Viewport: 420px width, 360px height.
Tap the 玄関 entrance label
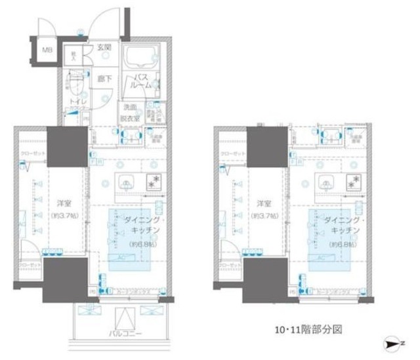[104, 47]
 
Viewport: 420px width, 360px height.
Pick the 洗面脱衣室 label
[129, 111]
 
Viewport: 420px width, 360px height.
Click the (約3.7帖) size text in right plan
[264, 216]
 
